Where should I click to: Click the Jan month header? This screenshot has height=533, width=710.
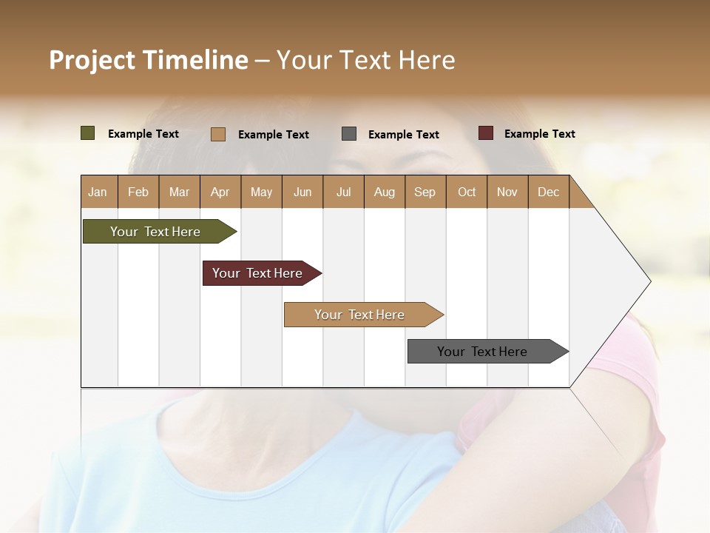pos(98,192)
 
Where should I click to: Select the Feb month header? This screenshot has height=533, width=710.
pos(138,192)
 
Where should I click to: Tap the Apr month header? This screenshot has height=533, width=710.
pos(220,192)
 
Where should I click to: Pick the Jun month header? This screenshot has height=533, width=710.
pos(302,192)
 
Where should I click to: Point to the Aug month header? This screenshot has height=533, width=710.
pos(384,192)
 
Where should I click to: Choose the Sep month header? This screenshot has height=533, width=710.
pos(425,192)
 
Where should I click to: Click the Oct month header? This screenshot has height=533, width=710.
pos(467,192)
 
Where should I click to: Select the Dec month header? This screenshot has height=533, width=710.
pos(548,192)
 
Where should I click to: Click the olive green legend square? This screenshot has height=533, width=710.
pos(88,133)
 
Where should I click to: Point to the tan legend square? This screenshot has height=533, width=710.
pos(218,134)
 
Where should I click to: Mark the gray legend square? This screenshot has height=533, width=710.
pos(349,134)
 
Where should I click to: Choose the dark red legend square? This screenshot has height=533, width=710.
pos(486,133)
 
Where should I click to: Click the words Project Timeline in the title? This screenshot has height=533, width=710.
pos(149,60)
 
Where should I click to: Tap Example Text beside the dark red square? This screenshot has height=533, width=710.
pos(539,133)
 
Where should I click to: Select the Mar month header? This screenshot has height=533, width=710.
pos(179,192)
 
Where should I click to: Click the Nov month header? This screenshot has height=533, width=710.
pos(507,192)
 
